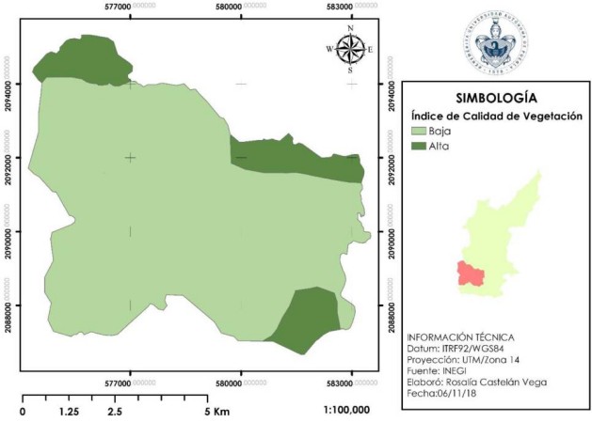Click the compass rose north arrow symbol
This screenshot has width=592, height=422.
click(350, 49)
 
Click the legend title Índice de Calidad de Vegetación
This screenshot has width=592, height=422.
click(497, 115)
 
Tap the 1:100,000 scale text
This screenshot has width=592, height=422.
click(349, 411)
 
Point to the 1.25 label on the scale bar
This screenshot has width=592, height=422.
click(68, 412)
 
